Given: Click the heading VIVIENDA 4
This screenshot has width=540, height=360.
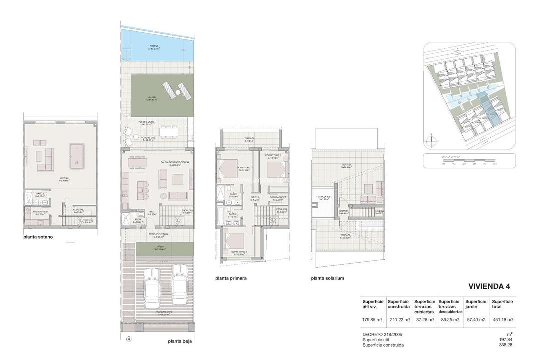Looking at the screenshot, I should pyautogui.click(x=489, y=287).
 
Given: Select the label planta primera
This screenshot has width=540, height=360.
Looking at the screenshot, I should pyautogui.click(x=231, y=278).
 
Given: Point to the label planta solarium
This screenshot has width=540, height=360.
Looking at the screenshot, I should pyautogui.click(x=327, y=278).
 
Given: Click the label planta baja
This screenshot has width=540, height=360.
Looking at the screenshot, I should pyautogui.click(x=180, y=342).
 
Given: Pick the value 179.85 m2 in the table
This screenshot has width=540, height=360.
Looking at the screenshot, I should pyautogui.click(x=373, y=320).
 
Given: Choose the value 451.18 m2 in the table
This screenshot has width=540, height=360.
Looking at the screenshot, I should pyautogui.click(x=502, y=320).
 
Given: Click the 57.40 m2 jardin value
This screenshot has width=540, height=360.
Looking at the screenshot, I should pyautogui.click(x=475, y=320).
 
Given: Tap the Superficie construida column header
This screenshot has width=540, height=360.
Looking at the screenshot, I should pyautogui.click(x=398, y=304).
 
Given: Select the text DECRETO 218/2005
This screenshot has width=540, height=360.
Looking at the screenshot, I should pyautogui.click(x=382, y=334).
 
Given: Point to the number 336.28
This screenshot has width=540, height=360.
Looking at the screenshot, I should pyautogui.click(x=506, y=345).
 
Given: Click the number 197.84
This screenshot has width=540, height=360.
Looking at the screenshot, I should pyautogui.click(x=506, y=340).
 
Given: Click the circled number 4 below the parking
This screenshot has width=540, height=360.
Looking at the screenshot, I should pyautogui.click(x=129, y=339).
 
